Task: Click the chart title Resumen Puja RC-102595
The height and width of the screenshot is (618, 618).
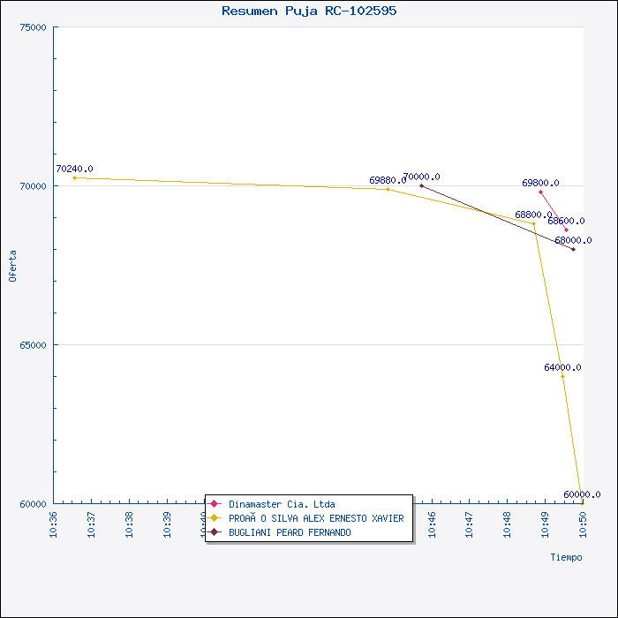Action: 309,11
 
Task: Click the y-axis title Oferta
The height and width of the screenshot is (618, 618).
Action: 12,266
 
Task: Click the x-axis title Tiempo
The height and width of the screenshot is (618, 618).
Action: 566,557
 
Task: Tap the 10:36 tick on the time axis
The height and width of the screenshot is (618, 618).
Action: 53,524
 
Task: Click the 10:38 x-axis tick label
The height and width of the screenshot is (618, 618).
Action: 129,524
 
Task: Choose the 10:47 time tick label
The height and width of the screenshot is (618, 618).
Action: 470,524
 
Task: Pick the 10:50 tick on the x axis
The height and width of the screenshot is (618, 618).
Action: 583,524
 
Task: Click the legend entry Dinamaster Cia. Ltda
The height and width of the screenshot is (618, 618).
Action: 282,504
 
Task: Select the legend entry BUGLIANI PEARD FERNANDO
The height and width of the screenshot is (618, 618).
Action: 290,532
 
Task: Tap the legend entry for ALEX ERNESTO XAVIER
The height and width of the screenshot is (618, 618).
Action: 316,518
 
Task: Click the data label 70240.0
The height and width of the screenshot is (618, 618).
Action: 74,169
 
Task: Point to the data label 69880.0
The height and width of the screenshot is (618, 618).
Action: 388,180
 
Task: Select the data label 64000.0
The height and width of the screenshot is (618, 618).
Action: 562,367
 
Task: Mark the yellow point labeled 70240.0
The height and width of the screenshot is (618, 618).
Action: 74,177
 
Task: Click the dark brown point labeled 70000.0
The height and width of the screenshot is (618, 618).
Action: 421,185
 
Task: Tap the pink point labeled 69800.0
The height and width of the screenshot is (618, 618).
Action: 540,192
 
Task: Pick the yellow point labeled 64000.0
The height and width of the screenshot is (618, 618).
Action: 562,376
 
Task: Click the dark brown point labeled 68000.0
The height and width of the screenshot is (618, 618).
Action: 573,249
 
